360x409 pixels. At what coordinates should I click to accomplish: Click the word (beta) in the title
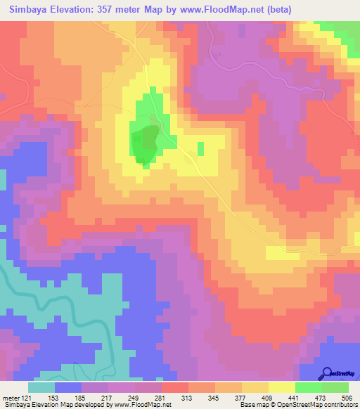(272, 9)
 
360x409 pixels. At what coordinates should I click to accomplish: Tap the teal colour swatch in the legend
(41, 387)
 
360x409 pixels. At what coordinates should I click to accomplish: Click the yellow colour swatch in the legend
(282, 387)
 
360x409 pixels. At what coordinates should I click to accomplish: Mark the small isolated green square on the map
(201, 148)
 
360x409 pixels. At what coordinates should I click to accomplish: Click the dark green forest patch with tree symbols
(146, 143)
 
